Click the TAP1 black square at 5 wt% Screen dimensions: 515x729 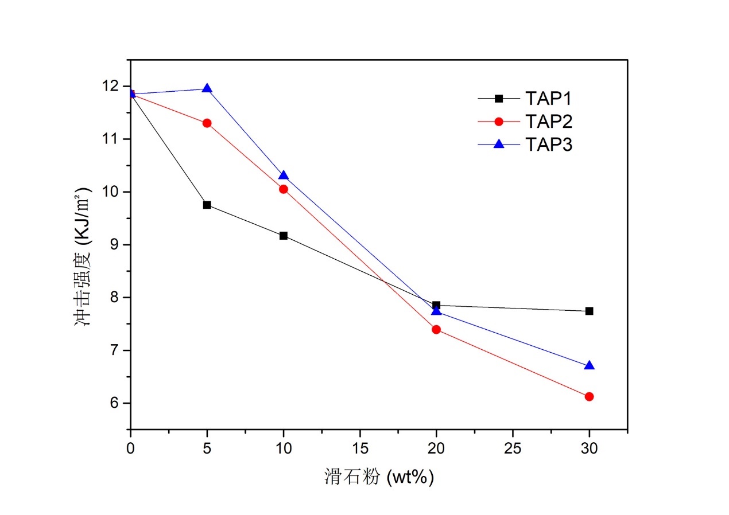point(207,205)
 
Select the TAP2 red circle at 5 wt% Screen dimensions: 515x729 point(207,123)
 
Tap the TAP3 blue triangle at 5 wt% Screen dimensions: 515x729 point(207,88)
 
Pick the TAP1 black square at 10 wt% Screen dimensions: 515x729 point(283,236)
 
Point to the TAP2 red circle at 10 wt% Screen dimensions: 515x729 point(283,189)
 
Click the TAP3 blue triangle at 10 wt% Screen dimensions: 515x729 point(283,175)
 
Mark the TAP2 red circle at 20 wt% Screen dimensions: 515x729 point(436,329)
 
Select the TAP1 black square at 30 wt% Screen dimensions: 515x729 point(589,311)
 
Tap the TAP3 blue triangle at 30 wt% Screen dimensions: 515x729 point(589,365)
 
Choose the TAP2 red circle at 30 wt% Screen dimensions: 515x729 point(589,396)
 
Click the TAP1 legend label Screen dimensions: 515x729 point(548,99)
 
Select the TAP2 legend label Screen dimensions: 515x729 point(548,122)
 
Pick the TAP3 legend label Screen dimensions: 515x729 point(548,145)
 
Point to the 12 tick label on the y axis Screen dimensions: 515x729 point(113,86)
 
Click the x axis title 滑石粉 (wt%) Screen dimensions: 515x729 point(379,477)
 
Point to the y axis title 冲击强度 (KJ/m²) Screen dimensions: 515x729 point(84,257)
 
